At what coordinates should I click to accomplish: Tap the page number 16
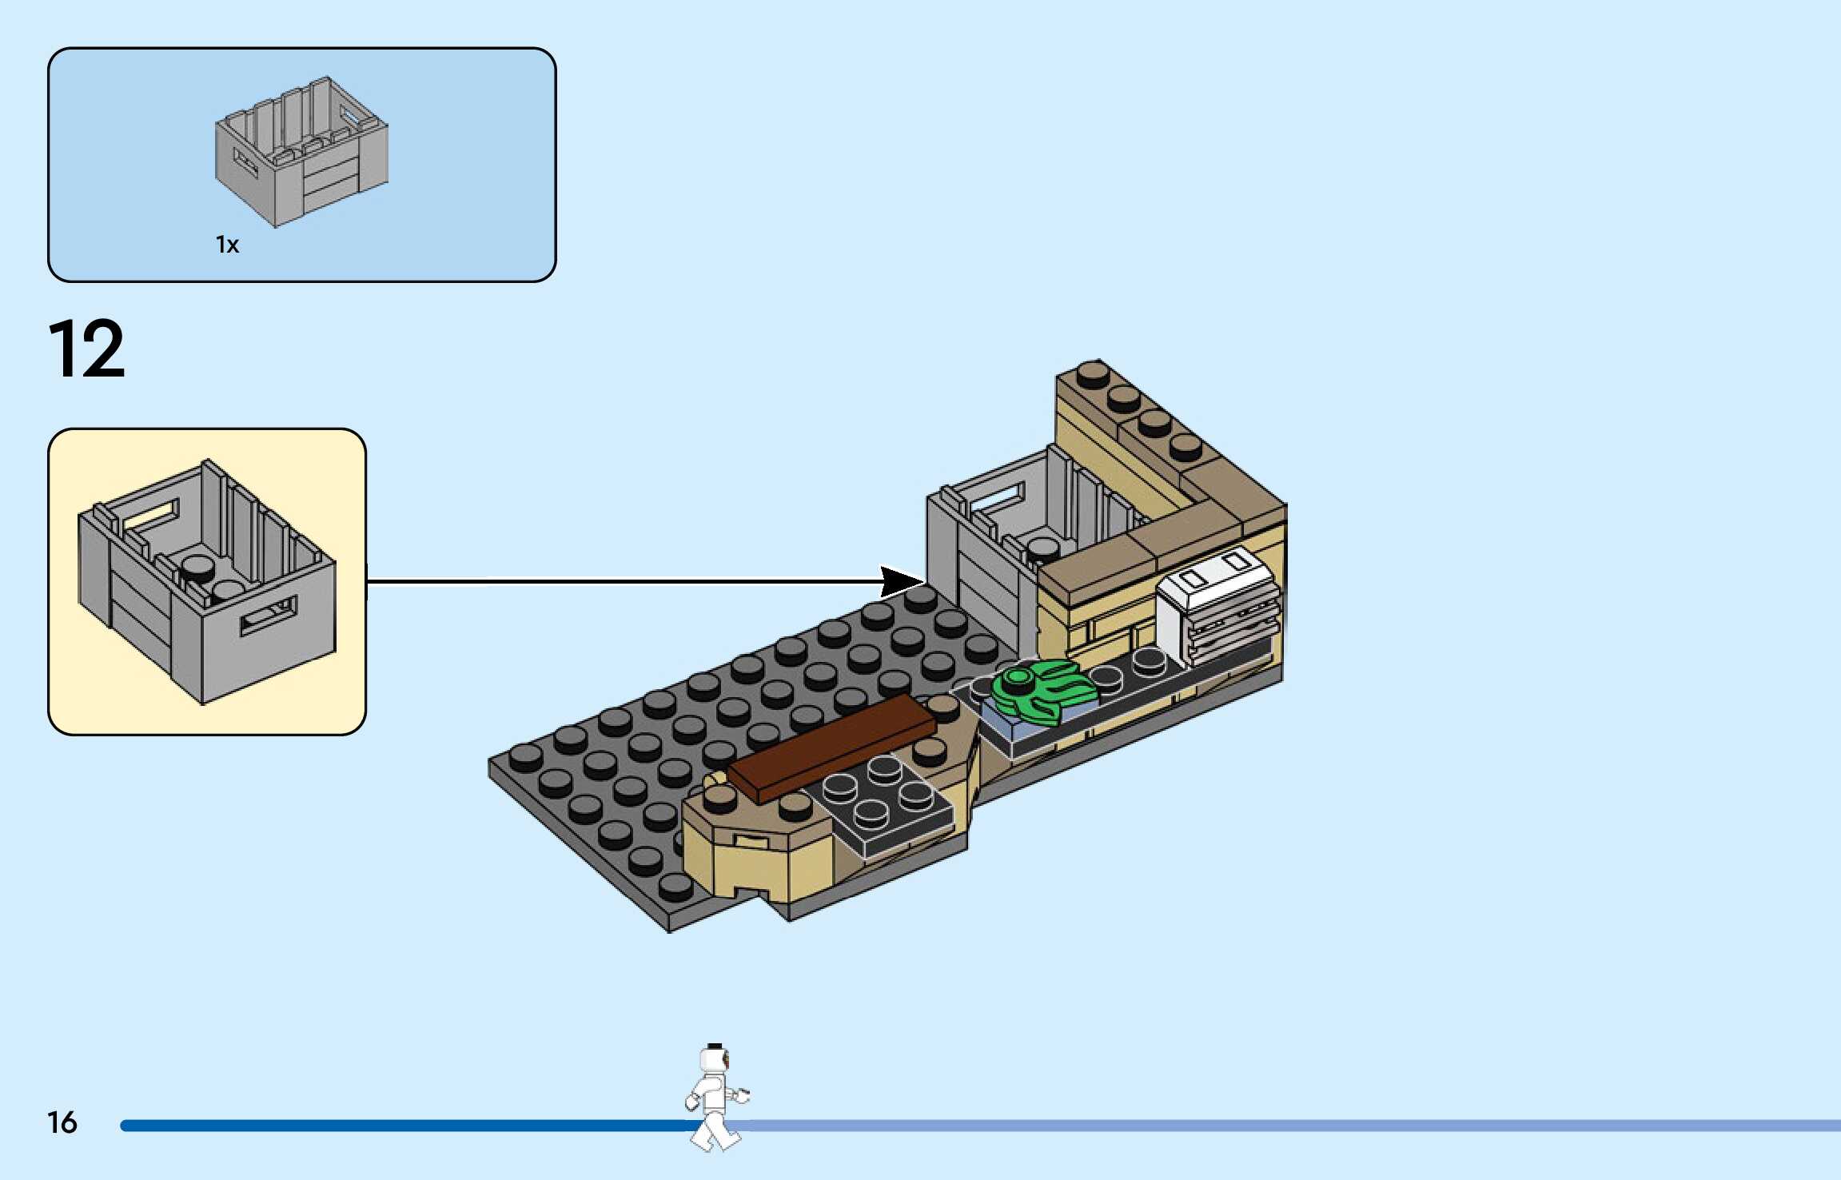62,1122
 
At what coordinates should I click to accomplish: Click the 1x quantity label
227,245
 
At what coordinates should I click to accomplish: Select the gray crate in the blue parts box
302,151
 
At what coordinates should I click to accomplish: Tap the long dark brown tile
831,747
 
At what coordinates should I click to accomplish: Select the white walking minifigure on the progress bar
715,1097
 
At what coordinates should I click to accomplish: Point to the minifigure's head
715,1060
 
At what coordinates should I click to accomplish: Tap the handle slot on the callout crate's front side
269,616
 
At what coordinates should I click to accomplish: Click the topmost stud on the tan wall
1093,374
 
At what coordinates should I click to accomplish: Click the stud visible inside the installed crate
1042,548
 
